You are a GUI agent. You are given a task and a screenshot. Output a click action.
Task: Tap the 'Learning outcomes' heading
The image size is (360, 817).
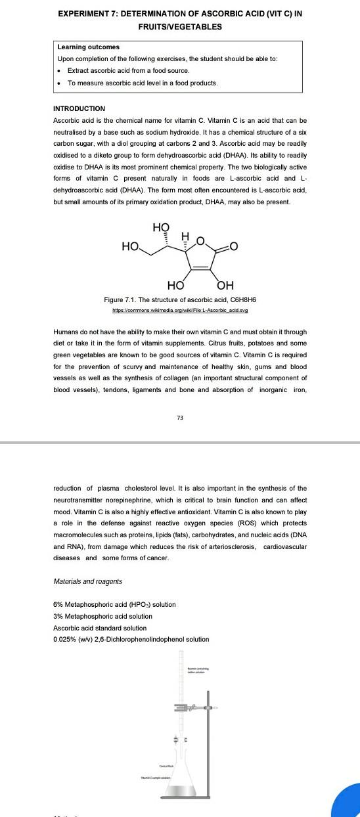(x=83, y=47)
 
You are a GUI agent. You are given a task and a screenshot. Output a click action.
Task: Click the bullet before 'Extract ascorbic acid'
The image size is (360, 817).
(x=60, y=70)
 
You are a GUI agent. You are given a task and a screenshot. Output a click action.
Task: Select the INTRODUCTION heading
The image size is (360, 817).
(x=79, y=108)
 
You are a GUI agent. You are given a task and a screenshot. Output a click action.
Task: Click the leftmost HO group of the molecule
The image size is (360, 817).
(x=131, y=247)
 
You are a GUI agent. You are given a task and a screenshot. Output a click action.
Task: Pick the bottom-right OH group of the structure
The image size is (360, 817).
(x=225, y=285)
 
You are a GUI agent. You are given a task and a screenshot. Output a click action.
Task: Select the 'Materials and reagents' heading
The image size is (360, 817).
(x=87, y=581)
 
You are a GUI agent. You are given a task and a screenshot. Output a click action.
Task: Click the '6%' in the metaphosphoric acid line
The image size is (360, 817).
(x=58, y=604)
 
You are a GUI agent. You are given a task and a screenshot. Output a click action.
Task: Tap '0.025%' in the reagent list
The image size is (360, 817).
(x=65, y=639)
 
